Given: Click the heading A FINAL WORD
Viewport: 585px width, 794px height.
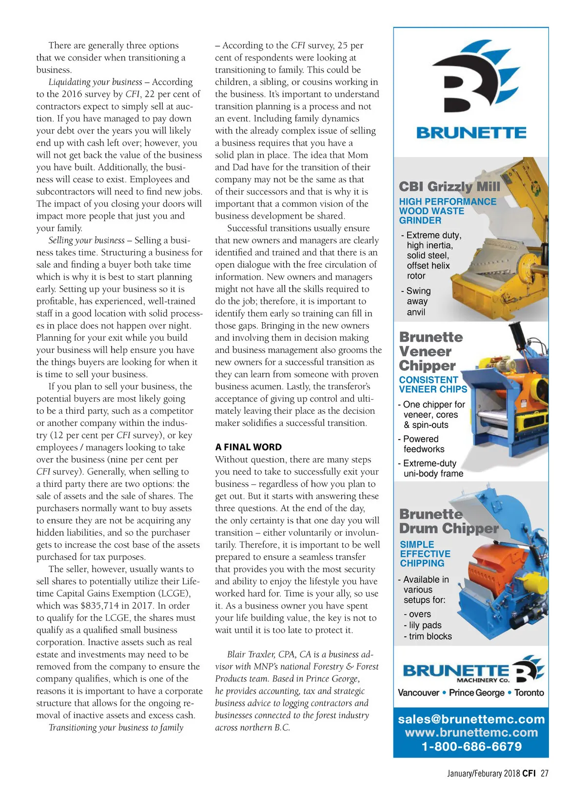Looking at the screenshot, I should point(248,447).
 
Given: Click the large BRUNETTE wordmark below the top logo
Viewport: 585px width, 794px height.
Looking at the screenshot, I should point(471,132).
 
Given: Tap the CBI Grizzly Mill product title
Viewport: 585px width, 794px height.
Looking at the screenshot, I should point(449,186).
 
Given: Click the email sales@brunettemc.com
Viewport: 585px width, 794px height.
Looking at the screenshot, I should point(471,719).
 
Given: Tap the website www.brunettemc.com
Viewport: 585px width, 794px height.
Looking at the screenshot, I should point(471,732).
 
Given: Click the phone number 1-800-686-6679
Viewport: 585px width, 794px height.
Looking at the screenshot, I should point(471,746).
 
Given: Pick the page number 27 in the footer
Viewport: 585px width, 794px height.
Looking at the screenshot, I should point(544,773).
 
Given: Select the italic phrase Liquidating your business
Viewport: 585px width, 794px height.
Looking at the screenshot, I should point(96,82).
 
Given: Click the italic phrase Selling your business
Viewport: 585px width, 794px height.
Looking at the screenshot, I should point(87,240).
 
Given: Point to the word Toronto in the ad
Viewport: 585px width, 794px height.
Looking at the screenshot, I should point(529,692).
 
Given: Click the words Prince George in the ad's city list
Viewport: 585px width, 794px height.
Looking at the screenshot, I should point(476,692).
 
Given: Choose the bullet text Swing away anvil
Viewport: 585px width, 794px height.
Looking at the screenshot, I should point(417,301).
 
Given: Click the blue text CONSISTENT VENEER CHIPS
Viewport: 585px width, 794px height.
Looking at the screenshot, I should point(433,384).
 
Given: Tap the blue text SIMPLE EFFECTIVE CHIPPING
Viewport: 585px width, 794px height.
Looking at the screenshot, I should point(425,554).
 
